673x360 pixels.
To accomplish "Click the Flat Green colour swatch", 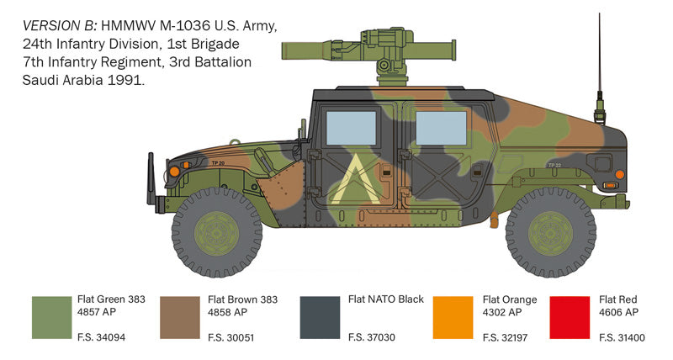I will tap(50, 317).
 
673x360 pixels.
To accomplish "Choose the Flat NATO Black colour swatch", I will tap(321, 317).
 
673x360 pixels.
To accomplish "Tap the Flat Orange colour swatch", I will tap(453, 317).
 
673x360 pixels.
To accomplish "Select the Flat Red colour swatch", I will tap(569, 317).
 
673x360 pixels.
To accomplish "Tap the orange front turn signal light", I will tap(174, 171).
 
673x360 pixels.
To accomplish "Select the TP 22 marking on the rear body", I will tap(554, 165).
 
